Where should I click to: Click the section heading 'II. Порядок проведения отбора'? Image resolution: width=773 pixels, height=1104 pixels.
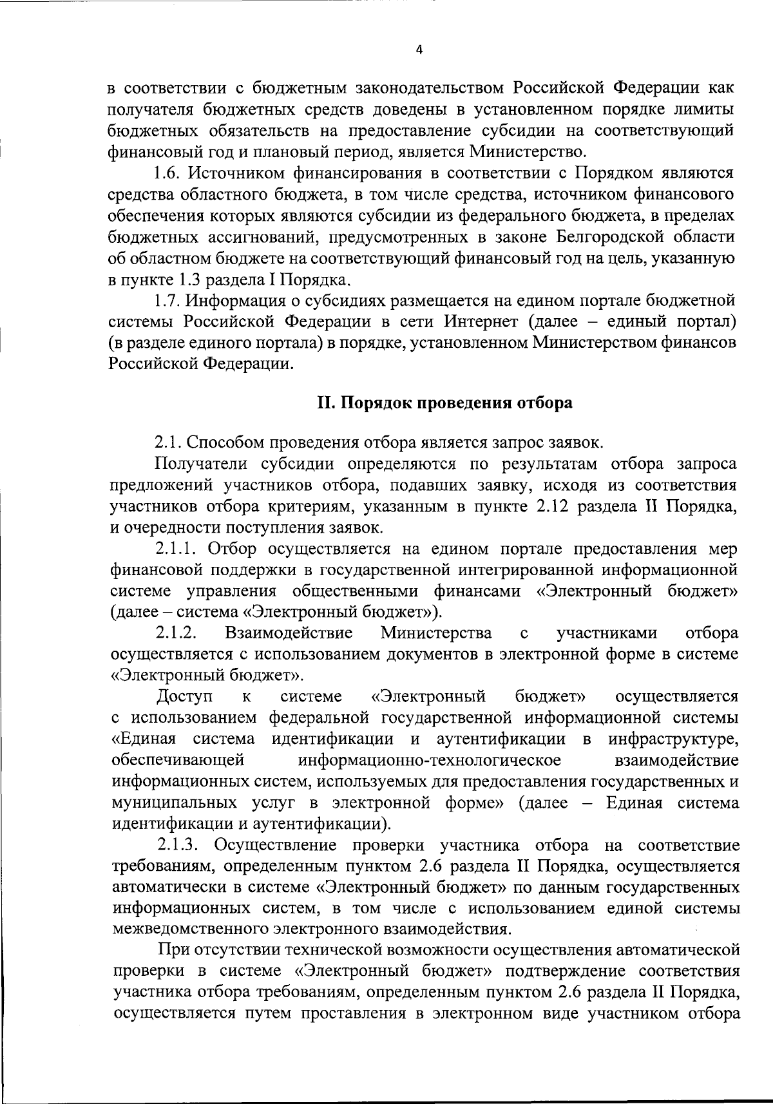(x=445, y=403)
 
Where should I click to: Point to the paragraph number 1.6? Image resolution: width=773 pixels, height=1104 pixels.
(x=169, y=173)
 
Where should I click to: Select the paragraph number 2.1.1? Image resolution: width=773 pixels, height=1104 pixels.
(x=178, y=549)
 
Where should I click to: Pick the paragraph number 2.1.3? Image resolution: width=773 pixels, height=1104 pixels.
(x=182, y=844)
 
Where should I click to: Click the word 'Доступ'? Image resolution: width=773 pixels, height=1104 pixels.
(x=183, y=697)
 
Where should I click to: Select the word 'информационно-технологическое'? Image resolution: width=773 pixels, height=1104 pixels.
(x=430, y=760)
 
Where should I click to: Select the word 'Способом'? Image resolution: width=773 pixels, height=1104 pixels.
(x=218, y=443)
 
